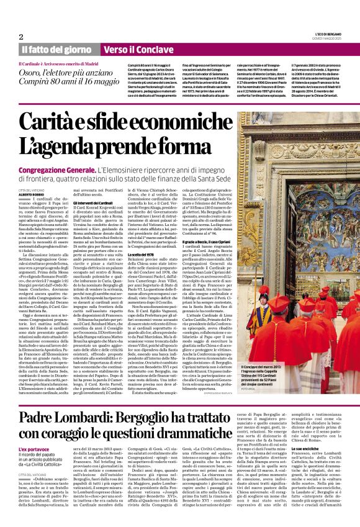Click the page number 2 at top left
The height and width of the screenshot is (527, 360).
[x=21, y=37]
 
